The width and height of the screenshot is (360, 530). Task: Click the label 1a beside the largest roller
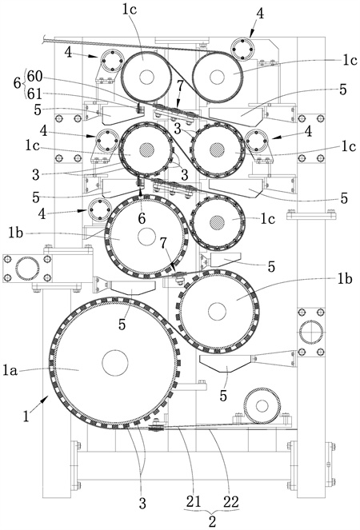(x=10, y=370)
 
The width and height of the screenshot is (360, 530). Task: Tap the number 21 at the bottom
(x=194, y=501)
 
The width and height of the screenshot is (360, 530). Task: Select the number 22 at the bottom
(x=230, y=501)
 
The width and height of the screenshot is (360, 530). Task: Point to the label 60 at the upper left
(x=35, y=77)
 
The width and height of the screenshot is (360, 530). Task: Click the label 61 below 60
(x=34, y=94)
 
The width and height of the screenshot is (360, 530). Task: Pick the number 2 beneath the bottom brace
(x=212, y=521)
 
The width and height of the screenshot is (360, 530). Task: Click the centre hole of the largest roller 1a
(x=115, y=363)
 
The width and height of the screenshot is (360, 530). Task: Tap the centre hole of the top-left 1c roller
(x=146, y=77)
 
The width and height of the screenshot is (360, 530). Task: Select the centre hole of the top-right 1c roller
(x=217, y=77)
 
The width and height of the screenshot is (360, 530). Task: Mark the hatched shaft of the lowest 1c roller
(x=217, y=223)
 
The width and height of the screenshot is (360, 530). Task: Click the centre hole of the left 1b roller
(x=146, y=237)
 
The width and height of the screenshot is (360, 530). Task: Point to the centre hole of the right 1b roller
(x=217, y=311)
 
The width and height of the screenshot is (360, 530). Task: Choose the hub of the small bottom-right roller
(x=262, y=405)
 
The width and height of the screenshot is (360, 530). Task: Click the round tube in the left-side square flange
(x=27, y=269)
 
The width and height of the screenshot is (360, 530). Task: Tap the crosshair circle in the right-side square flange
(x=311, y=333)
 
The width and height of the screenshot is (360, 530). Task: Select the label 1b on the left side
(x=15, y=233)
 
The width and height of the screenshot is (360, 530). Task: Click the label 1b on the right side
(x=345, y=278)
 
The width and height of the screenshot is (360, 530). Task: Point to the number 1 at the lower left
(x=26, y=416)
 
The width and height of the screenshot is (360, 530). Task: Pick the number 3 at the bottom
(x=142, y=504)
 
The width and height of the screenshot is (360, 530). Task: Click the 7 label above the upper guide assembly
(x=180, y=86)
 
